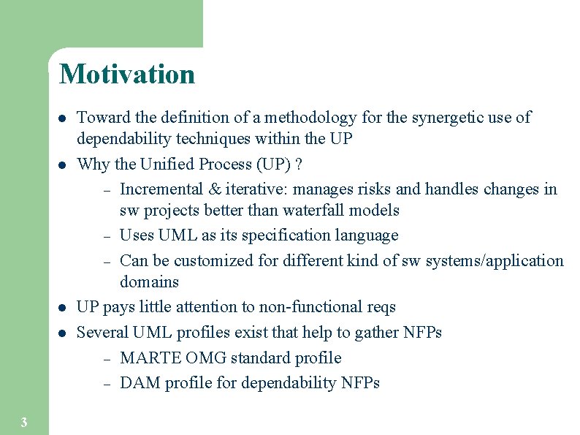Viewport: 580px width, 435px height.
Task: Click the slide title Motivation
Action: click(127, 74)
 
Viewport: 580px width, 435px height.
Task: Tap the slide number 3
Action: click(24, 422)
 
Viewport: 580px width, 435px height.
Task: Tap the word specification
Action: click(278, 235)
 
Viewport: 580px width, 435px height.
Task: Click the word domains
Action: click(149, 281)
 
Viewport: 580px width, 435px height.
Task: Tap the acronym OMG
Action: click(206, 358)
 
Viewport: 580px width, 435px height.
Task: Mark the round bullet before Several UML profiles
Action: click(63, 333)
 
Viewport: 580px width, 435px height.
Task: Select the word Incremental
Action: click(161, 189)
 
